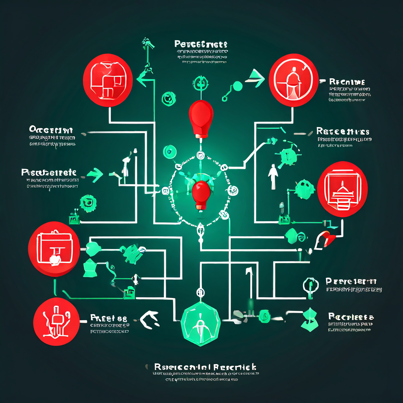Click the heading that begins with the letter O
(x=51, y=130)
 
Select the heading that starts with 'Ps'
(x=49, y=173)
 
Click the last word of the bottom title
(x=235, y=368)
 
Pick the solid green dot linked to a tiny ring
(x=237, y=85)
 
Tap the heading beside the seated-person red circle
(x=347, y=82)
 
